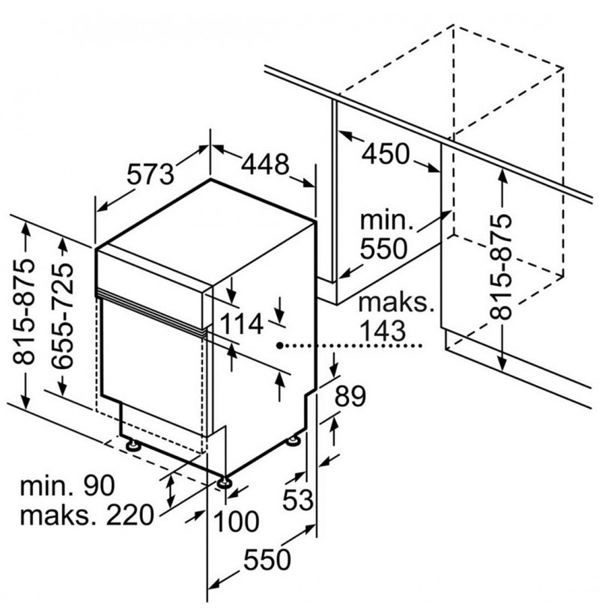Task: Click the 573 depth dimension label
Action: (x=150, y=174)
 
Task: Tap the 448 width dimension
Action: (x=265, y=164)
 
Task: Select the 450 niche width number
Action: (x=386, y=153)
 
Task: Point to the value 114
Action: (x=241, y=324)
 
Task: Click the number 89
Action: (x=350, y=397)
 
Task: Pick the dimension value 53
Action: (x=298, y=500)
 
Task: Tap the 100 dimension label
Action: (x=236, y=521)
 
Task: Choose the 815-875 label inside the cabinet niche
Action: (x=501, y=266)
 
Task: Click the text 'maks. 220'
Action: (x=86, y=516)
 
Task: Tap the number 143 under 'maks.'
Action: (x=383, y=331)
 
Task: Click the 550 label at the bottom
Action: (x=267, y=559)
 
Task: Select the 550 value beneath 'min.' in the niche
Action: (x=383, y=248)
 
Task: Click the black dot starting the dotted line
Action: (x=279, y=346)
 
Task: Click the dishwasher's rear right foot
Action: (x=294, y=440)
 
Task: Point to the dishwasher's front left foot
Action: (x=133, y=445)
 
